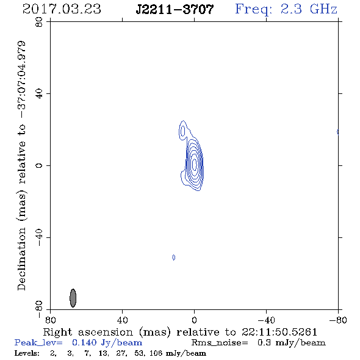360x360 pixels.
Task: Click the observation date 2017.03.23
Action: coord(62,9)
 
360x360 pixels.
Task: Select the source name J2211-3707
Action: coord(175,9)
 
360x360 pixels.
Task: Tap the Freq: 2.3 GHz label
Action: coord(286,9)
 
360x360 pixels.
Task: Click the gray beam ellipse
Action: coord(73,298)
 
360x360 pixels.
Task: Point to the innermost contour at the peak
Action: coord(195,164)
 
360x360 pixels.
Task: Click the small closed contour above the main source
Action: coord(183,131)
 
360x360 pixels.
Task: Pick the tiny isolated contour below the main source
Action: coord(174,257)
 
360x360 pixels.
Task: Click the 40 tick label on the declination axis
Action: coord(39,94)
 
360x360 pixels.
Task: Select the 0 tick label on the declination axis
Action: coord(39,165)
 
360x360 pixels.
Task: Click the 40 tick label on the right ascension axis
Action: coord(122,320)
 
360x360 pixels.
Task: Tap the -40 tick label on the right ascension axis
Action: coord(266,320)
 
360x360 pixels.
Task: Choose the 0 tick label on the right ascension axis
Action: coord(194,320)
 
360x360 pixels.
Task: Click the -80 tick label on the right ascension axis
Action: coord(338,320)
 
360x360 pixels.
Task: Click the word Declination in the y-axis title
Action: coord(21,259)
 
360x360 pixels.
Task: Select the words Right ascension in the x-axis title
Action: coord(88,332)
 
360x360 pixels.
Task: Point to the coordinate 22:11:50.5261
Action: coord(279,332)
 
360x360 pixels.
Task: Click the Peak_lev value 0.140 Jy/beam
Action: coord(107,343)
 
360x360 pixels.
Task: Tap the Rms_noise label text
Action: coord(220,343)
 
